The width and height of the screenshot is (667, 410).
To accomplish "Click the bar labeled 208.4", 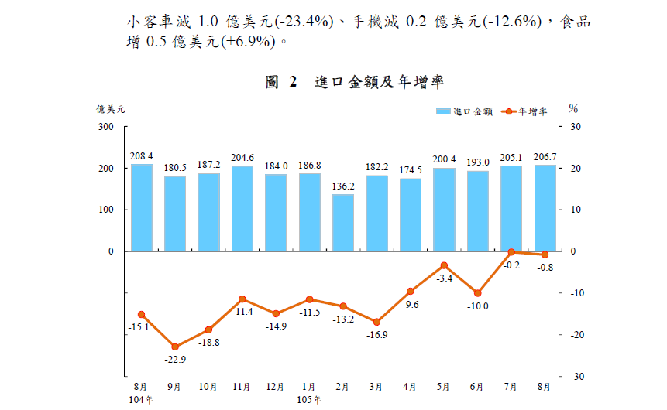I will pyautogui.click(x=141, y=207).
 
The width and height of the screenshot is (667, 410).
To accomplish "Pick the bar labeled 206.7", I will pyautogui.click(x=545, y=208).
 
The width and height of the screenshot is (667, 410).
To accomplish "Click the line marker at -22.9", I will pyautogui.click(x=175, y=347).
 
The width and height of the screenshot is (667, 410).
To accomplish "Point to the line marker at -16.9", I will pyautogui.click(x=376, y=322).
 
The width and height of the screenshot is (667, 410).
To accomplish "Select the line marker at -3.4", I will pyautogui.click(x=444, y=265).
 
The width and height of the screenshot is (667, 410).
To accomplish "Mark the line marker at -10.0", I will pyautogui.click(x=477, y=293).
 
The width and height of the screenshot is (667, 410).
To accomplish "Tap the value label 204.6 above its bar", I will pyautogui.click(x=242, y=156).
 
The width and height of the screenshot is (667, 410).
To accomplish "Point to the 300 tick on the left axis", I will pyautogui.click(x=105, y=127).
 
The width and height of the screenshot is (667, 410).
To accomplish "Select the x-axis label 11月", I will pyautogui.click(x=242, y=386).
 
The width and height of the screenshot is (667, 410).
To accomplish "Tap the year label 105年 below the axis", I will pyautogui.click(x=309, y=399).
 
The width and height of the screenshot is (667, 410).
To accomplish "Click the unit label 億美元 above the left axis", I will pyautogui.click(x=111, y=109).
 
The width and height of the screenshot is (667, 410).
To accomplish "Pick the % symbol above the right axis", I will pyautogui.click(x=573, y=109).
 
